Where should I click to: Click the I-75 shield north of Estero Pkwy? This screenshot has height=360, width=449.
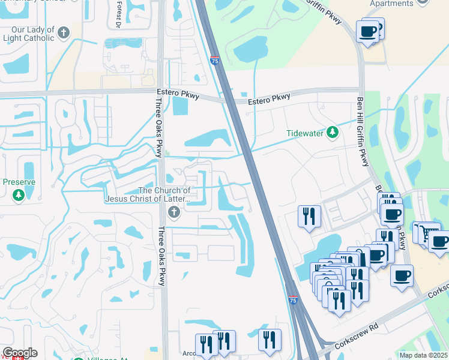tap(215, 61)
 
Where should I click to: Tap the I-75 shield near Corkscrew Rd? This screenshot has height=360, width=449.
tap(292, 299)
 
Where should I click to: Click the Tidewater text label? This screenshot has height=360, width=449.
tap(304, 133)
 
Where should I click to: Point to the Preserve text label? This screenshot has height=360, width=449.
tap(19, 182)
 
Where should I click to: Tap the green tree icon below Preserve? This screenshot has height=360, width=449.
tap(19, 195)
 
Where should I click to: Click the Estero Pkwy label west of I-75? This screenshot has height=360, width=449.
tap(178, 93)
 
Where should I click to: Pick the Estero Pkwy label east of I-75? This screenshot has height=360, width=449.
tap(269, 98)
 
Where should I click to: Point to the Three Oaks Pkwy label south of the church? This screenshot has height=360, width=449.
tap(161, 256)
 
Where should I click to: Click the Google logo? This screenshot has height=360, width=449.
tap(20, 353)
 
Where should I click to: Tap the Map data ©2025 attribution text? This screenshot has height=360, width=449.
tap(423, 355)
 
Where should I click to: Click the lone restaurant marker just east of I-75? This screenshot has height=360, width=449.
tap(309, 217)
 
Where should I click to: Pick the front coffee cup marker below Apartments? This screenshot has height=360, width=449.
tap(367, 31)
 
